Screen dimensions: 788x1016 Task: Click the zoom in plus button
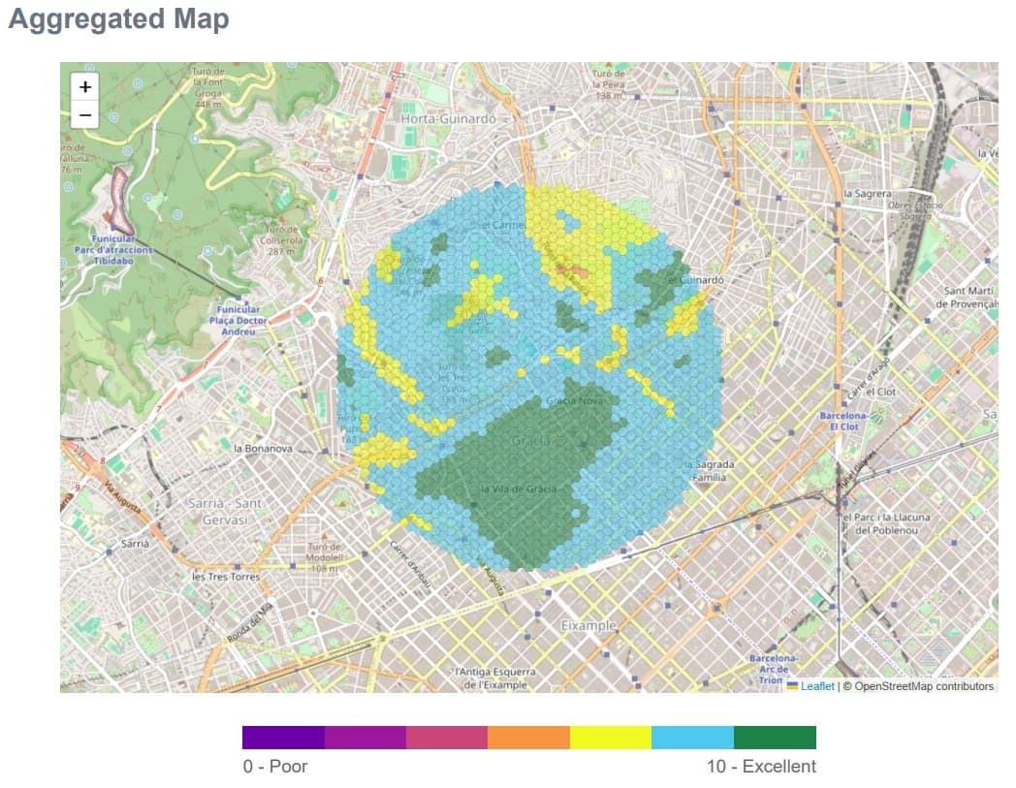[85, 87]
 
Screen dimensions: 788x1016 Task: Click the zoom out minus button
[85, 115]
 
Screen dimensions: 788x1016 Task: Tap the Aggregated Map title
[118, 19]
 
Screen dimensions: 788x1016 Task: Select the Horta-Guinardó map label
[448, 118]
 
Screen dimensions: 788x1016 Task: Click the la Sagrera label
[868, 194]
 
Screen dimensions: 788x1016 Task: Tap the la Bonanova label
[263, 449]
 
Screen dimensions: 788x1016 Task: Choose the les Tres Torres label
[226, 577]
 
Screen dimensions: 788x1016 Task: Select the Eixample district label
[588, 626]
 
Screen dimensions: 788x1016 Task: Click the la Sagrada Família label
[712, 471]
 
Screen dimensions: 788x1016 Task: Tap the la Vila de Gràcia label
[519, 489]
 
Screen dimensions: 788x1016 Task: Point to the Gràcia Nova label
[576, 400]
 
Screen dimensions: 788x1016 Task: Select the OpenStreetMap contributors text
[917, 686]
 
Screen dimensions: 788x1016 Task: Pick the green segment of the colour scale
[775, 738]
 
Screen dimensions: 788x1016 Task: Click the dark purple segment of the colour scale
[283, 738]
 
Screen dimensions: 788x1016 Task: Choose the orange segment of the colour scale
[528, 738]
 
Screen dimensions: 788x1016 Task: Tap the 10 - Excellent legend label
[761, 767]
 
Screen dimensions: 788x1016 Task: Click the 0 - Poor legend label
[275, 767]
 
